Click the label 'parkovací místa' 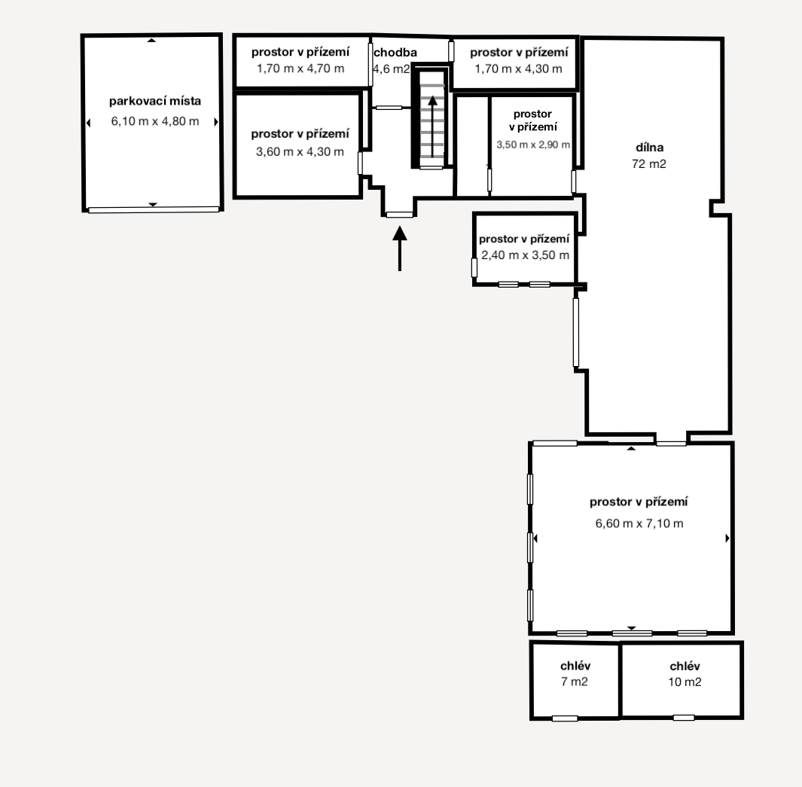pos(155,101)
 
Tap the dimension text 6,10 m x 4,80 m pos(155,121)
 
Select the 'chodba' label pos(395,52)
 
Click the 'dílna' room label pos(650,148)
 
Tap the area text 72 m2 pos(649,163)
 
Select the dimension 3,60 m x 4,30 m pos(300,151)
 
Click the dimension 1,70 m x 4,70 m pos(300,69)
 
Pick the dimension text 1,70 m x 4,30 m pos(518,69)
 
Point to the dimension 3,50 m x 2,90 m pos(533,145)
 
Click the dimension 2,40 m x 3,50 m pos(526,255)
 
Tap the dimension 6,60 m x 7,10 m pos(639,523)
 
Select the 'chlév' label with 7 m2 pos(575,666)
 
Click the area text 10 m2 pos(685,682)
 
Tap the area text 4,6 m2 pos(392,69)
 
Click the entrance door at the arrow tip pos(399,215)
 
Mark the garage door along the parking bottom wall pos(154,209)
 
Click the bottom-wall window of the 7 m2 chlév pos(565,718)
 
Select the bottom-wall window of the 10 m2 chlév pos(683,718)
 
